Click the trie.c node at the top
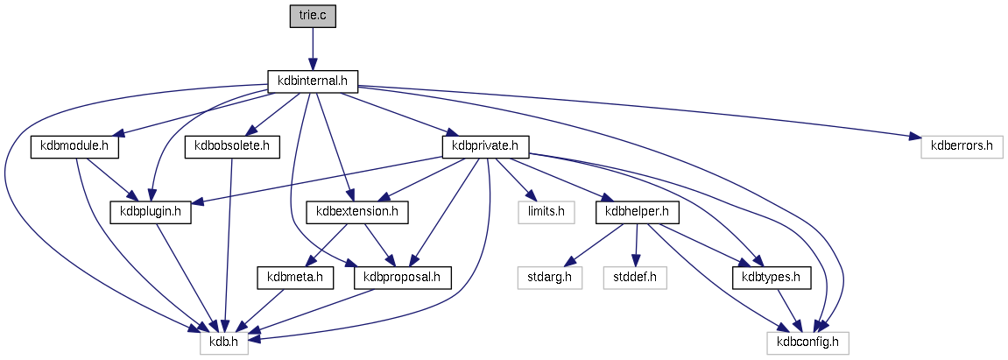click(313, 16)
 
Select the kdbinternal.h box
click(313, 81)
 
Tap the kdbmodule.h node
click(74, 146)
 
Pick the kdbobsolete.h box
click(231, 146)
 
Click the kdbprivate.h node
click(486, 146)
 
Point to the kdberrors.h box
click(961, 146)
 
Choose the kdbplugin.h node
click(151, 211)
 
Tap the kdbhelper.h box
click(638, 211)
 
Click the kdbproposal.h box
click(402, 278)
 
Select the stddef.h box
click(635, 278)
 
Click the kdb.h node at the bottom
click(224, 342)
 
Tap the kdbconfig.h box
click(808, 342)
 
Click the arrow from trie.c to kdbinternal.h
click(313, 48)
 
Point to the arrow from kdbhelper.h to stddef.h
click(637, 244)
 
